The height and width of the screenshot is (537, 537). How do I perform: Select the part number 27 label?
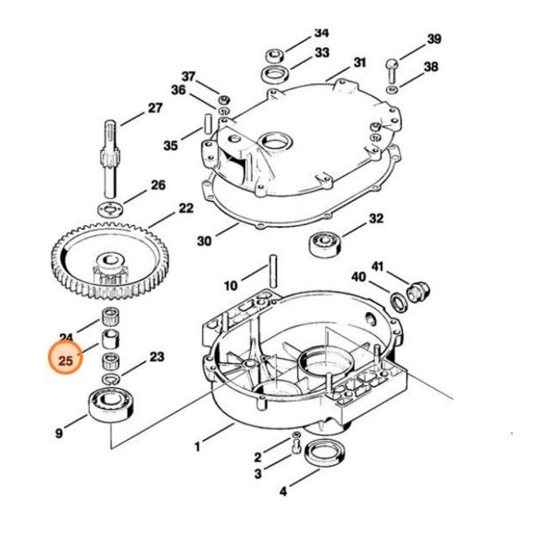coord(154,108)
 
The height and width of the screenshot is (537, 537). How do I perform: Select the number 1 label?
coord(197,447)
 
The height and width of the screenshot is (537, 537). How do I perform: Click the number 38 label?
coord(431,67)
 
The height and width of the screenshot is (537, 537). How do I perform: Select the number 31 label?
coord(360,64)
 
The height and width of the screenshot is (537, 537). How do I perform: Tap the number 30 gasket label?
coord(204,242)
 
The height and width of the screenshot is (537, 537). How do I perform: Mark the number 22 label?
coord(185,208)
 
